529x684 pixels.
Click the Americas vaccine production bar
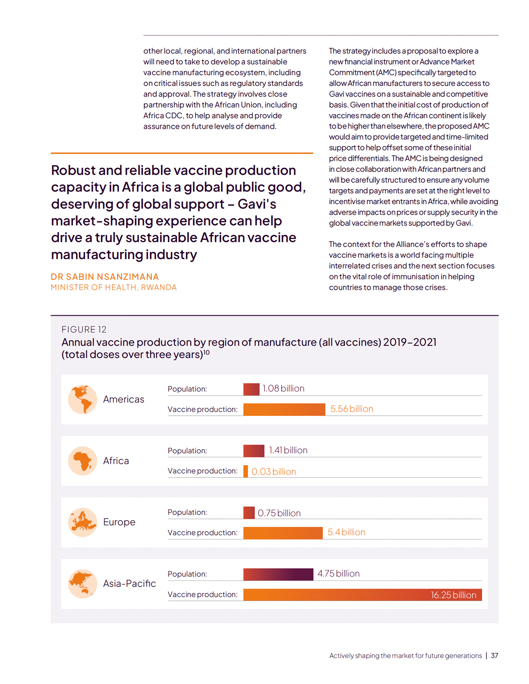284,409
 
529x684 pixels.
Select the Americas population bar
251,389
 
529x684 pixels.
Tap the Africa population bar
254,451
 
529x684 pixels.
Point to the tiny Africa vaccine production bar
246,471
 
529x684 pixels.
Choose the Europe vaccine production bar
283,533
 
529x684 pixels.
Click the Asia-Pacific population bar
278,574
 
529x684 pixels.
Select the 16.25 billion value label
453,595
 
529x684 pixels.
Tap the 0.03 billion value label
274,471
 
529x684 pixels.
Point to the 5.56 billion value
352,409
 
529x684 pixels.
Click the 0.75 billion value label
279,513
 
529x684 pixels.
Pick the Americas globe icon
83,399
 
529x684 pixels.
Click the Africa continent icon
83,461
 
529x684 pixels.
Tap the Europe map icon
83,522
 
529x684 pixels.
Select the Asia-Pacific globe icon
83,584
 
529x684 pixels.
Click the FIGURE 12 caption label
84,329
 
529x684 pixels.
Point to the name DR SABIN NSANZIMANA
105,277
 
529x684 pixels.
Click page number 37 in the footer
495,655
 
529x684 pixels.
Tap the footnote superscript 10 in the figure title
206,352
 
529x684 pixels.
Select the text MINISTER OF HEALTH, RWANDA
114,287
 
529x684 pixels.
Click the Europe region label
119,522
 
